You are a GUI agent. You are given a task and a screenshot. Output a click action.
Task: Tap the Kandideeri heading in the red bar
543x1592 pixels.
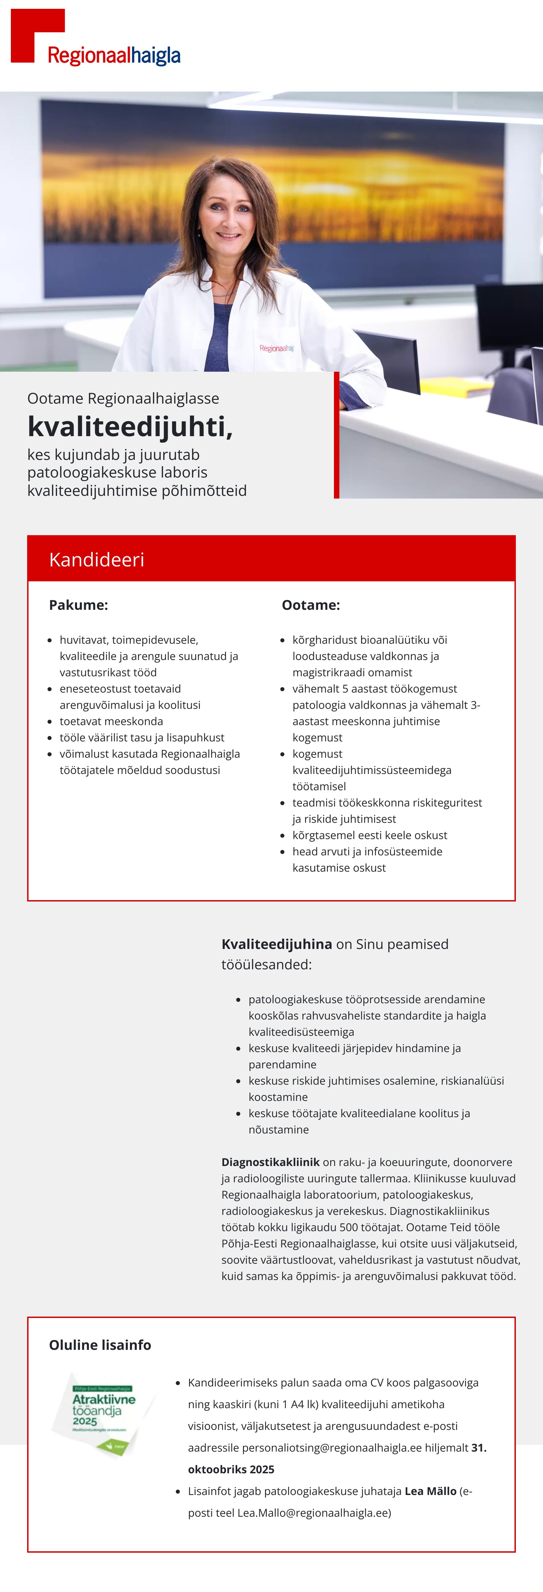(96, 559)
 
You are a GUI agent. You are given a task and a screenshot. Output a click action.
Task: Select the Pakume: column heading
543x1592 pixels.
(78, 605)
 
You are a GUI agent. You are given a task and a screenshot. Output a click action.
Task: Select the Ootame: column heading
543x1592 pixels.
(311, 605)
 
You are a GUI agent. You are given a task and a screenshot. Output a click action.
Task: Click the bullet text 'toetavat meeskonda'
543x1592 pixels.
(111, 721)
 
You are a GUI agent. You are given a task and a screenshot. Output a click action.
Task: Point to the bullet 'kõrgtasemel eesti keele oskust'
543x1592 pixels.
(369, 835)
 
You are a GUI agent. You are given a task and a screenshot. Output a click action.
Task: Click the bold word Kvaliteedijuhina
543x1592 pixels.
(277, 944)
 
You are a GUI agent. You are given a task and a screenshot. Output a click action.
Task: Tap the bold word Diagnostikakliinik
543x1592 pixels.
(270, 1162)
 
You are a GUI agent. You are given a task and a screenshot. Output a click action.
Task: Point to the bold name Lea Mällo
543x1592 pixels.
(430, 1491)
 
